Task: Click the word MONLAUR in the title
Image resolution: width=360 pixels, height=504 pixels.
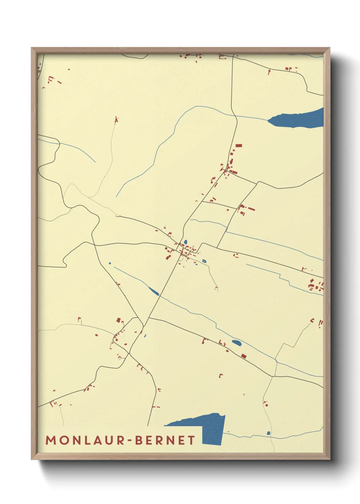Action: click(x=85, y=440)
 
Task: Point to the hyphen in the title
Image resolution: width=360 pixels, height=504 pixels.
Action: click(x=130, y=441)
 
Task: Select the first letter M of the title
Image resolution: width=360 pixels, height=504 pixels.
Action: click(x=51, y=440)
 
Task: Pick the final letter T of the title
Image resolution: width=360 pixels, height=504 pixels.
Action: click(x=192, y=440)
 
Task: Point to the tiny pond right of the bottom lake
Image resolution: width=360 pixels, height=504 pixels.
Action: click(x=268, y=433)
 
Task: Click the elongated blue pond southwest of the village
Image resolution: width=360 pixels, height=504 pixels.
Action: click(x=153, y=291)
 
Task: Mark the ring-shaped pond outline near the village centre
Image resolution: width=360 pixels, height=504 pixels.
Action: click(x=204, y=261)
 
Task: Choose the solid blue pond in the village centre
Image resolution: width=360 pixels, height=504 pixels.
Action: click(x=185, y=242)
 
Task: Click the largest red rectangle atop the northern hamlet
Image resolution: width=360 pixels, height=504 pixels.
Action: click(x=239, y=145)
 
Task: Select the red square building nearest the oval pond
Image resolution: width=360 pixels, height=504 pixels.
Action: click(x=243, y=356)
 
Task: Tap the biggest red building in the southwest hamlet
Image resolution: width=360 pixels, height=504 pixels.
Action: click(x=118, y=320)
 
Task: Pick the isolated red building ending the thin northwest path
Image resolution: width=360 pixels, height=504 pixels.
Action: click(x=116, y=120)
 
